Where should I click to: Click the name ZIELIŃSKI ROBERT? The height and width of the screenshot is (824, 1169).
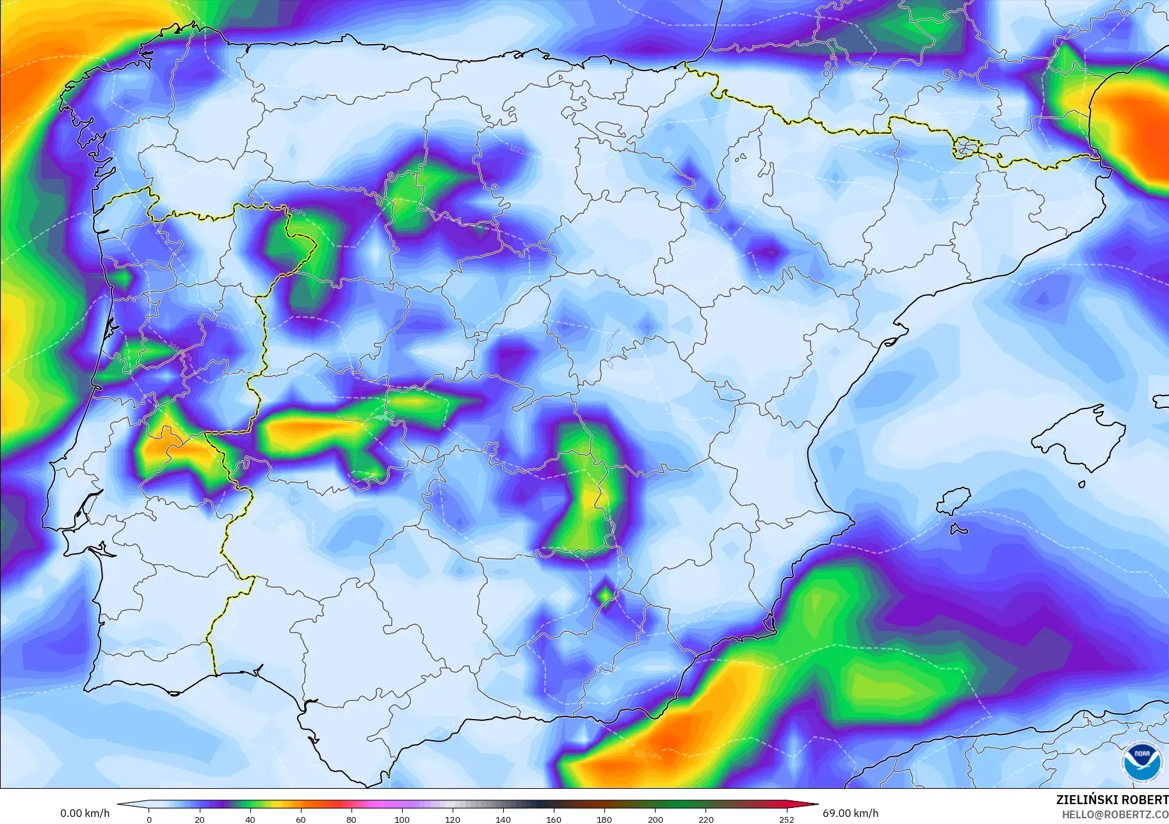(x=1112, y=800)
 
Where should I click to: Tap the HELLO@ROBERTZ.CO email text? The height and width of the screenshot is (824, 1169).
(x=1115, y=814)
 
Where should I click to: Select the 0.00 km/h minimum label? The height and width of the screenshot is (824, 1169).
(x=85, y=813)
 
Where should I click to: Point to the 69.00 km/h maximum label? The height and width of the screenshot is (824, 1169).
(x=850, y=813)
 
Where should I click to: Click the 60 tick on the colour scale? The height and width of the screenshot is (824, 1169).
(x=301, y=819)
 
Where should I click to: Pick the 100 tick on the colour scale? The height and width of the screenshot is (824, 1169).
(x=402, y=819)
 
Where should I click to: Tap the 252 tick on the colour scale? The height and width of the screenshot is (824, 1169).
(x=787, y=819)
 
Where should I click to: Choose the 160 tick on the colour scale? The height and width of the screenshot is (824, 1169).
(x=554, y=819)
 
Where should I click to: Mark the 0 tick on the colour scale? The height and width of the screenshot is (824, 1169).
(x=149, y=819)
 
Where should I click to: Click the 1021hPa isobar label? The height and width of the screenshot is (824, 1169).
(x=521, y=151)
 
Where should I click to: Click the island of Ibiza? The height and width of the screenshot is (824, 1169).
(x=953, y=501)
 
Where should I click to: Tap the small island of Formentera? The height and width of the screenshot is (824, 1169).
(x=958, y=529)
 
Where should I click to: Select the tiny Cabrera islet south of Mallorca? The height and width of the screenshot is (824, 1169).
(x=1082, y=485)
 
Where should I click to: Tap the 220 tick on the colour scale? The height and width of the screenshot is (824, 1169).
(x=705, y=819)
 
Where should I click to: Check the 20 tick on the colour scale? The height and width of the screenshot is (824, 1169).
(x=200, y=819)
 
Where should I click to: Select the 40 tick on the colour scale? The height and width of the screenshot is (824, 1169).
(x=250, y=819)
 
